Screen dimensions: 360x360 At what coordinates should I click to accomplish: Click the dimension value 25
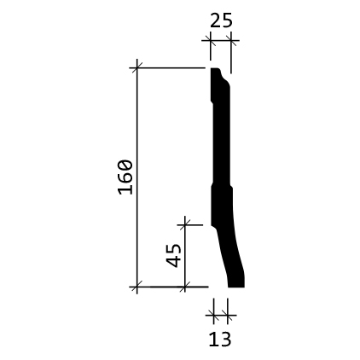tap(221, 20)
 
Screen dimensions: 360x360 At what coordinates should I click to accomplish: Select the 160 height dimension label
tap(125, 177)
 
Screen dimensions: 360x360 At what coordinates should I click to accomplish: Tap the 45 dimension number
tap(173, 255)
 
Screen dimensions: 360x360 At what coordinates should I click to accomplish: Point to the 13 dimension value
tap(220, 340)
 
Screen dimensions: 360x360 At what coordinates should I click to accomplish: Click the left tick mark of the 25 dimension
tap(211, 40)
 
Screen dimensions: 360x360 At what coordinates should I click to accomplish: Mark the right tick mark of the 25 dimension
tap(231, 40)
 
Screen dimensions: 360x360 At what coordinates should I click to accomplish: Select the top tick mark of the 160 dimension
tap(137, 68)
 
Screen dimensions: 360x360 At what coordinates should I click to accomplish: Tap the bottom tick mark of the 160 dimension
tap(137, 287)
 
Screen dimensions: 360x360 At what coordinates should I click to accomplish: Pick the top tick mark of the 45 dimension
tap(185, 225)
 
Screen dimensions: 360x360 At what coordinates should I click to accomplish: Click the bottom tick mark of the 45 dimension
tap(185, 287)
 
